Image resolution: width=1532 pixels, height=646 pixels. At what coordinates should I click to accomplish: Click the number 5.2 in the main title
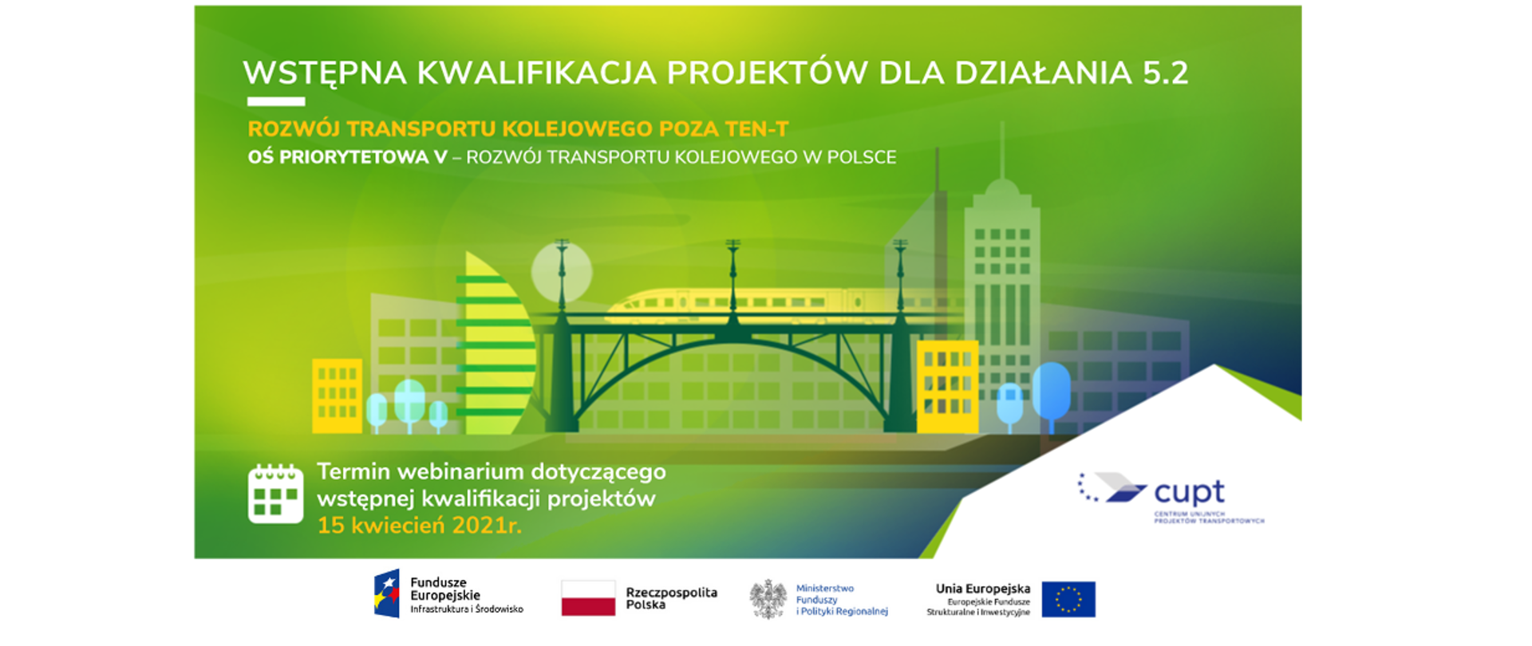click(x=1165, y=73)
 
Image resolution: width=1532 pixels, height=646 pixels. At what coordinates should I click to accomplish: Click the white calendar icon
click(x=275, y=494)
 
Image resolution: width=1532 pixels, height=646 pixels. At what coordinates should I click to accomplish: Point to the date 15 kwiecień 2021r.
click(x=419, y=526)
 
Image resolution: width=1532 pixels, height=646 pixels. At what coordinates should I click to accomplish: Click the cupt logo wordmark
click(x=1188, y=492)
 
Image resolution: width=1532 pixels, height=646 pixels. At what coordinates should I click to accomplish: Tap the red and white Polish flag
click(x=588, y=598)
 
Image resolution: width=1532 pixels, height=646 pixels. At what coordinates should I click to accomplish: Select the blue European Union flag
click(x=1068, y=599)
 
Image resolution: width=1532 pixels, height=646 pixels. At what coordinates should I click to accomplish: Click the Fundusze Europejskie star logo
click(x=387, y=594)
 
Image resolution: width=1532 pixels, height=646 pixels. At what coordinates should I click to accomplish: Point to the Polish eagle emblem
click(x=768, y=600)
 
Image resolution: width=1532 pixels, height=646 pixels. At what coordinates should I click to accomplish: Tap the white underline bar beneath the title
click(x=276, y=101)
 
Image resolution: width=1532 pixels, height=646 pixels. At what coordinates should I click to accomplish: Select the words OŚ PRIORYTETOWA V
click(x=347, y=157)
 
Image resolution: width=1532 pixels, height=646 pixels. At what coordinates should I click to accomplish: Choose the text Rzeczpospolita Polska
click(x=671, y=598)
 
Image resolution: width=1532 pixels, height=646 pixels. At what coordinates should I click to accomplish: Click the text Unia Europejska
click(x=982, y=589)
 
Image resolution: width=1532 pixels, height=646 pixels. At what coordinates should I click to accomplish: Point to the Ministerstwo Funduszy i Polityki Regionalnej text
click(x=841, y=600)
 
